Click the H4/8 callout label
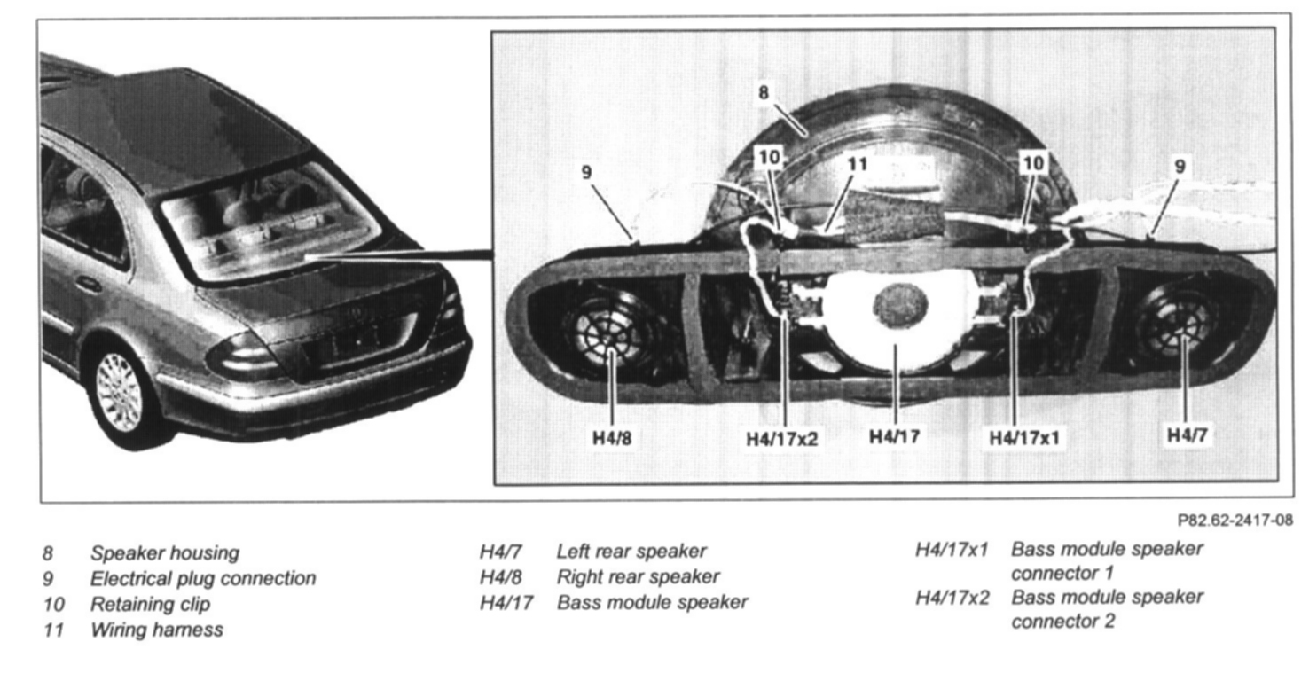(x=613, y=437)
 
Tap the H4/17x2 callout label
(x=781, y=438)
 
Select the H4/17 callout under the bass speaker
(x=894, y=436)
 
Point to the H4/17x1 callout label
(x=1025, y=437)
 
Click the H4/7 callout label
(x=1187, y=434)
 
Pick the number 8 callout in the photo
(x=764, y=92)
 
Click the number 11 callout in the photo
(x=857, y=164)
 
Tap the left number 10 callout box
(x=769, y=158)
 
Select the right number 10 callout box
(x=1033, y=162)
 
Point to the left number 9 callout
(x=586, y=171)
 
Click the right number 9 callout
(x=1180, y=166)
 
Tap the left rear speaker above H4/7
(x=1179, y=325)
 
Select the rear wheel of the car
(x=119, y=391)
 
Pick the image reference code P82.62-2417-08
(x=1235, y=521)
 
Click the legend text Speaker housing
(x=164, y=553)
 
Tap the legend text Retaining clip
(x=150, y=605)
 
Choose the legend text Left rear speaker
(x=631, y=552)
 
